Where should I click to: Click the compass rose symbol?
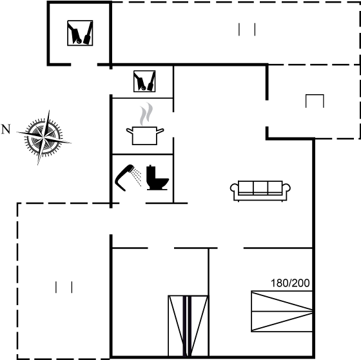click(x=44, y=137)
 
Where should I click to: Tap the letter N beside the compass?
click(x=6, y=129)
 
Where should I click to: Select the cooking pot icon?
click(x=145, y=135)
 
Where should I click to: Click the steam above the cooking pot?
click(x=146, y=114)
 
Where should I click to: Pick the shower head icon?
click(x=128, y=177)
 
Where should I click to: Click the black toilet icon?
click(x=157, y=177)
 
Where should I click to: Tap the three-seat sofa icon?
click(x=260, y=191)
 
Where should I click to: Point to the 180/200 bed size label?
click(x=290, y=283)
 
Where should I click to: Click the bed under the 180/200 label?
click(x=282, y=312)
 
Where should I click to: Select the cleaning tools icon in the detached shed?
click(x=80, y=33)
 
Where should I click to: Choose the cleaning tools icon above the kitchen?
click(x=144, y=81)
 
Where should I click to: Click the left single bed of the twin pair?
click(x=177, y=326)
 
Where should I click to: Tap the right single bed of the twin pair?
click(x=199, y=326)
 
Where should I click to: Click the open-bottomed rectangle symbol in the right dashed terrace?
click(x=315, y=94)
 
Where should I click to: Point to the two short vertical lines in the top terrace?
click(x=247, y=29)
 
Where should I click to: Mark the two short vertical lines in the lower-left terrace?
click(x=64, y=287)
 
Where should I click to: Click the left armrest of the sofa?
click(x=234, y=188)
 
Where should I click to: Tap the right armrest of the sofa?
click(x=286, y=188)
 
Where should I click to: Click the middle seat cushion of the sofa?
click(x=260, y=187)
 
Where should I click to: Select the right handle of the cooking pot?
click(x=161, y=131)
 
